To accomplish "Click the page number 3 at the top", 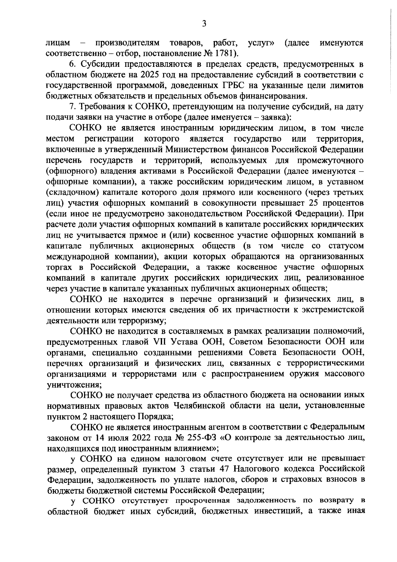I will pyautogui.click(x=204, y=23).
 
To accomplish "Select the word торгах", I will pyautogui.click(x=60, y=267).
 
